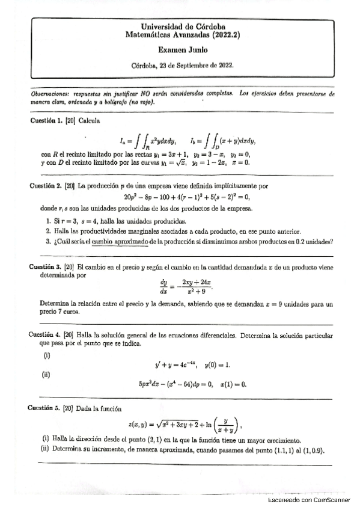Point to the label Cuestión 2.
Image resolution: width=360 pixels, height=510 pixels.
pos(48,186)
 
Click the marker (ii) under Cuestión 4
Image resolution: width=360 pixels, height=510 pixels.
pos(46,375)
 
